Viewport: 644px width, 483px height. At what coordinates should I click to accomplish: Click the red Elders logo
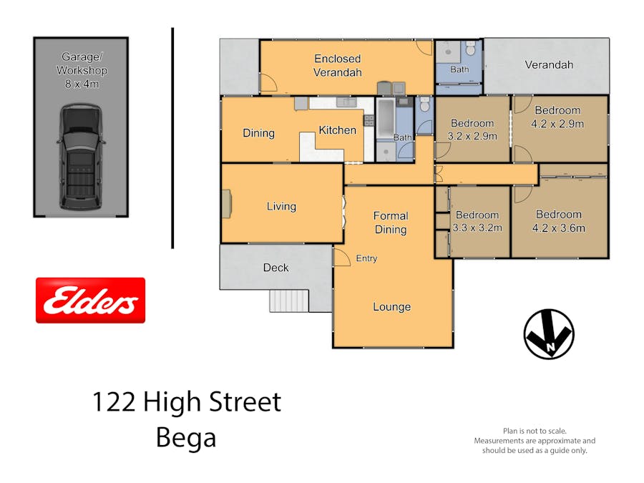(x=90, y=301)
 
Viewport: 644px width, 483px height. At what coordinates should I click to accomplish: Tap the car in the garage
(x=81, y=157)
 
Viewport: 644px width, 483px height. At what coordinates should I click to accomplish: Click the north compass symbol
(x=549, y=334)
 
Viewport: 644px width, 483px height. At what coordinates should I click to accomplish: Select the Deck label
(x=275, y=268)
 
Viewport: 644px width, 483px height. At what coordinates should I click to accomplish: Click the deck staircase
(x=289, y=301)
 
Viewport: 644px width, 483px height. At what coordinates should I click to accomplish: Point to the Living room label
(x=281, y=206)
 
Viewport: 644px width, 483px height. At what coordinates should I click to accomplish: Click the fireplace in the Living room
(x=227, y=204)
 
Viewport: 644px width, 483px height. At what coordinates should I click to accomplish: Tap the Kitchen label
(x=337, y=130)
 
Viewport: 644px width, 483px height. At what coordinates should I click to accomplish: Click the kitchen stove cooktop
(x=369, y=120)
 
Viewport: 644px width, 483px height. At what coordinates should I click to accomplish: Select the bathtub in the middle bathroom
(x=385, y=118)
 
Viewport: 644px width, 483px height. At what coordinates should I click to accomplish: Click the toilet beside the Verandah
(x=471, y=48)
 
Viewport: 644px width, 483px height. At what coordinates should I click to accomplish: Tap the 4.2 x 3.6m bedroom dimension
(x=559, y=228)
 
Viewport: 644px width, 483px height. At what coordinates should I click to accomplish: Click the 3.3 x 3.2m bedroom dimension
(x=477, y=228)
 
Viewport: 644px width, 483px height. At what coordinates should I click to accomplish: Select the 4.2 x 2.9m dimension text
(x=557, y=124)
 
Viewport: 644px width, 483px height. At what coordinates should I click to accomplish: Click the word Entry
(x=366, y=258)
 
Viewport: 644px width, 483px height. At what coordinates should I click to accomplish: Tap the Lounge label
(x=392, y=307)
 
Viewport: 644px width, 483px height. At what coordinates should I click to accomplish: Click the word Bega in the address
(x=186, y=438)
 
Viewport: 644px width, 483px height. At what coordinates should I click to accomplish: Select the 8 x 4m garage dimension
(x=82, y=84)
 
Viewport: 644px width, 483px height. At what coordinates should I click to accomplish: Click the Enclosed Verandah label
(x=338, y=65)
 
